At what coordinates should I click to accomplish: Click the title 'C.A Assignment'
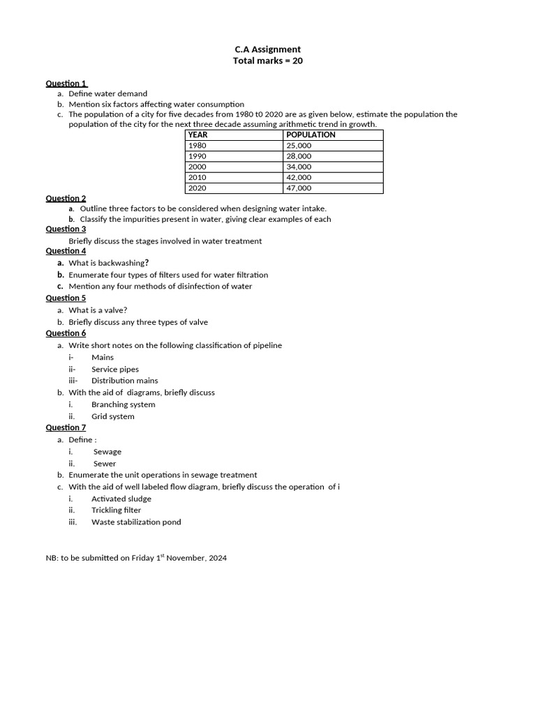point(268,50)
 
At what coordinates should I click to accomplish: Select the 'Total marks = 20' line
point(268,61)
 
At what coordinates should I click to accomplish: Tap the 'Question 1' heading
point(66,84)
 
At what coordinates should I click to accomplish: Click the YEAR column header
point(198,135)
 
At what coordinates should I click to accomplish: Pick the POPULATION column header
point(311,135)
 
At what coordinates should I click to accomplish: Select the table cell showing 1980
point(198,146)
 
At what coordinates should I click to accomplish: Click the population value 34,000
point(299,167)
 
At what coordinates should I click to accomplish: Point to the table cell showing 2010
point(198,178)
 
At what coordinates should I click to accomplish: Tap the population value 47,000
point(299,188)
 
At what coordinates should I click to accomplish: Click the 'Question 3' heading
point(66,229)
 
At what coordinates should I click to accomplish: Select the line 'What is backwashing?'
point(108,263)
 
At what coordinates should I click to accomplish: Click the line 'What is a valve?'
point(98,310)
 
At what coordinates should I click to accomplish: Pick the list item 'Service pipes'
point(115,370)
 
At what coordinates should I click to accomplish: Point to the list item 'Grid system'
point(113,417)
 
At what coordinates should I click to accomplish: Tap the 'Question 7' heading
point(66,427)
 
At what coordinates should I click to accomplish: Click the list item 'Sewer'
point(105,464)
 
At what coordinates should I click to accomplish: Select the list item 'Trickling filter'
point(116,510)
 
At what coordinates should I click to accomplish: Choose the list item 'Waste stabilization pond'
point(136,522)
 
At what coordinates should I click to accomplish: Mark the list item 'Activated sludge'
point(121,499)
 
